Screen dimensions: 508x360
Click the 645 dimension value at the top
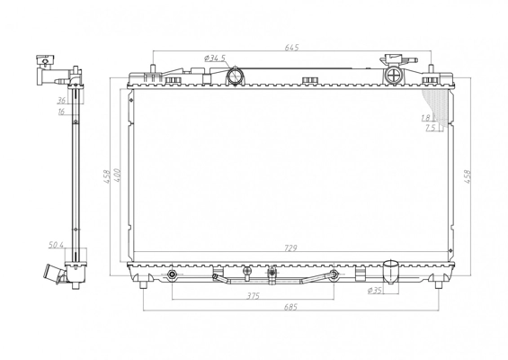(291, 48)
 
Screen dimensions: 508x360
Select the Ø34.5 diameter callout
(215, 58)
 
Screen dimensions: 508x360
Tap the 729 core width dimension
(290, 248)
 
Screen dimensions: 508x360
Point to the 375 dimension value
(253, 296)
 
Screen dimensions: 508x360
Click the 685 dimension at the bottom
(290, 307)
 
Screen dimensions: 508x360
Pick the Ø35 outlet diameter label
(375, 291)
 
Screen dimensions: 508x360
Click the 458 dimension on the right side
(468, 176)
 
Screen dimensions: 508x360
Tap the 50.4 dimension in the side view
(56, 245)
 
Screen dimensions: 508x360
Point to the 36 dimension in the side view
(61, 101)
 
